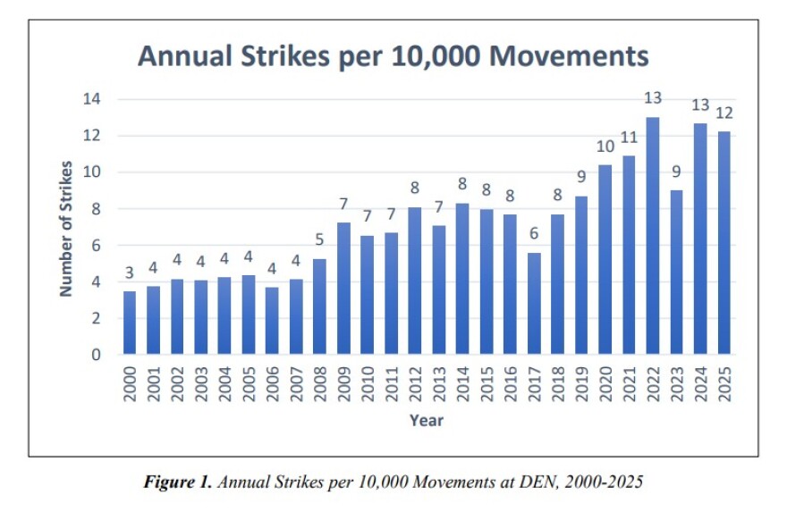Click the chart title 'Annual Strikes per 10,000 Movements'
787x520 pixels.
point(393,55)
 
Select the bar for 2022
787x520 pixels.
point(653,236)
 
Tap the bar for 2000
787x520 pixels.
point(130,323)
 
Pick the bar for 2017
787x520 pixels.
point(535,304)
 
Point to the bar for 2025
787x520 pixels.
point(724,243)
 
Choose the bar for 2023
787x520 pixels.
point(676,273)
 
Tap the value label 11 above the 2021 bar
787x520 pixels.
point(629,138)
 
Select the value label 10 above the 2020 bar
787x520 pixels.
point(605,147)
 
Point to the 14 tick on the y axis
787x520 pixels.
point(91,99)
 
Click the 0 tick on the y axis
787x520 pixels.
point(96,355)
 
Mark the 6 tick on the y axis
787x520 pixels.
point(96,246)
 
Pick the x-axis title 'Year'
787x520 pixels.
point(426,420)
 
